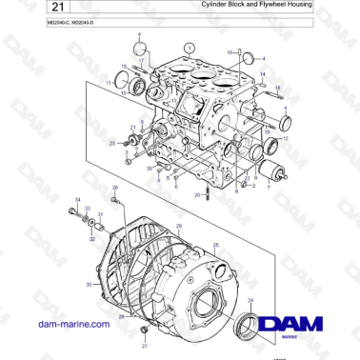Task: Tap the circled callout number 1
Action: click(x=189, y=47)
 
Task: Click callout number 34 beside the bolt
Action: click(x=76, y=199)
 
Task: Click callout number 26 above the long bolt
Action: click(x=114, y=190)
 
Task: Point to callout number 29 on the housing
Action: click(x=178, y=226)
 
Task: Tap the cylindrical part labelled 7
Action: click(x=280, y=172)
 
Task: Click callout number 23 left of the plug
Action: click(x=111, y=144)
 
